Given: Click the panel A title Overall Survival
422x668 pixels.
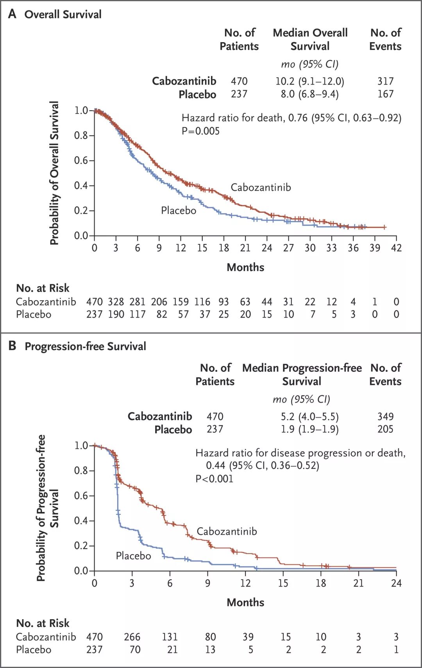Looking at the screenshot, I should [x=63, y=14].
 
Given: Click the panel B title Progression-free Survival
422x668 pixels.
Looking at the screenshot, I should [x=85, y=346].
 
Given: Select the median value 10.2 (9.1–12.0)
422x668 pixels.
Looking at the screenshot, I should [x=309, y=81].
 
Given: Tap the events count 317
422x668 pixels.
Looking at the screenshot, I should [x=385, y=81].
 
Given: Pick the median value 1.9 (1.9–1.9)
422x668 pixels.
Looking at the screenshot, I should [x=309, y=429].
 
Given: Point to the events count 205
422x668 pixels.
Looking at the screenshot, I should [x=385, y=429].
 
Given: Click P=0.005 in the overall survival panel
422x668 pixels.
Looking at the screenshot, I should [x=200, y=131].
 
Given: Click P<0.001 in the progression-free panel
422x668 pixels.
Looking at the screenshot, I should [x=214, y=478].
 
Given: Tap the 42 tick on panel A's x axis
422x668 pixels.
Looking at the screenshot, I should [x=396, y=248].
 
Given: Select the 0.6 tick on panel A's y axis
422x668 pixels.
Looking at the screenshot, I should [x=81, y=160].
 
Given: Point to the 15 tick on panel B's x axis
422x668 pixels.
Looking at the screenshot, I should [x=283, y=583].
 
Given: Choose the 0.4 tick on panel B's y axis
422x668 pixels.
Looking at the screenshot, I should [x=81, y=521].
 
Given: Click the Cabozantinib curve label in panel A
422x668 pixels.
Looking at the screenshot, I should [x=261, y=187].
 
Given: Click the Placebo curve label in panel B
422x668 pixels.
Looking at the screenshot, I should [x=133, y=555].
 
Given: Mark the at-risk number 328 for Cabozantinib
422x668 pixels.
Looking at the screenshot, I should [x=116, y=302].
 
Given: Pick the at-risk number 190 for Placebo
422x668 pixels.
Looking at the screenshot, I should [x=116, y=314].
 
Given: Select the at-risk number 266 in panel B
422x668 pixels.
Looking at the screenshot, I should [x=132, y=637].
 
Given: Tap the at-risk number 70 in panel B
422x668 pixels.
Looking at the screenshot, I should [x=135, y=650].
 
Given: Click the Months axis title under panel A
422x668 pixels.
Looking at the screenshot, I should [x=245, y=267].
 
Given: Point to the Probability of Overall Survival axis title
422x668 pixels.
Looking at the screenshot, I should [x=54, y=173].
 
